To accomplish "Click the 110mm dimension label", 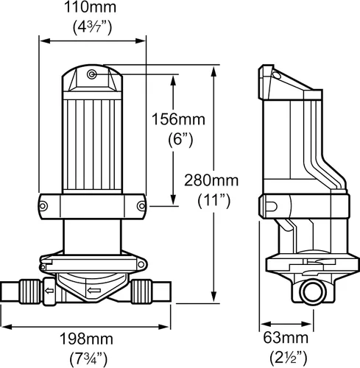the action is [90, 7].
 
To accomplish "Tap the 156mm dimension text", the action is [178, 119].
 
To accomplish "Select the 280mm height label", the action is [211, 180].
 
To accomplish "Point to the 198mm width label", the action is [86, 339].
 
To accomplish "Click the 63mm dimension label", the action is [286, 338].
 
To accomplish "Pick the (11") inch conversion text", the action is [214, 201].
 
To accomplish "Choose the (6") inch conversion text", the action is [180, 141].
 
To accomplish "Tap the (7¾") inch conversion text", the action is [88, 359].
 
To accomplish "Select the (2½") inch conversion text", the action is [289, 358].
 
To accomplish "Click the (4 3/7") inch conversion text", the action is [93, 27].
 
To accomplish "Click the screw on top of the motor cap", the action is [92, 74].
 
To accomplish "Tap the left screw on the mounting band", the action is [43, 206].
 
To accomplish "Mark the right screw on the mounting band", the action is [141, 206].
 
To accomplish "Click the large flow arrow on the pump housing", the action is [94, 291].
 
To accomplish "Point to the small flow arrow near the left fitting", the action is [49, 291].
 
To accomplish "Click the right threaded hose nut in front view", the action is [141, 291].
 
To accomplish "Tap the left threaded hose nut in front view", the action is [29, 291].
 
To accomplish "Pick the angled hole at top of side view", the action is [277, 75].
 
